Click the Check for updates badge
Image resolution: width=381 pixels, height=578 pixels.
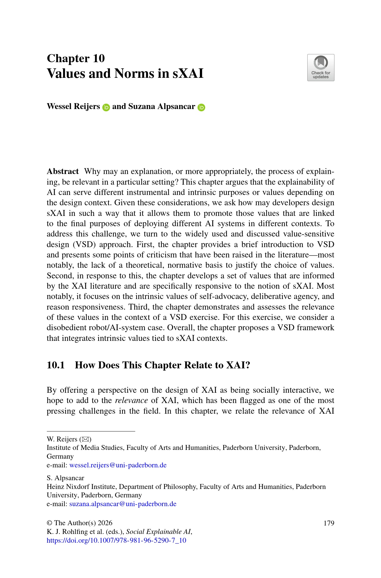tap(321, 67)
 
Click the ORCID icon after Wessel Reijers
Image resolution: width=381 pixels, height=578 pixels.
tap(106, 107)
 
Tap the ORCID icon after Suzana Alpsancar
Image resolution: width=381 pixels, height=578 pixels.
tap(201, 107)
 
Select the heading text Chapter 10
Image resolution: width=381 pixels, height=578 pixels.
tap(76, 58)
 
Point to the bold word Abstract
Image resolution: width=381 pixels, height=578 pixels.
tap(63, 172)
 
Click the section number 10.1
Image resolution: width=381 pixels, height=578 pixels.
tap(56, 365)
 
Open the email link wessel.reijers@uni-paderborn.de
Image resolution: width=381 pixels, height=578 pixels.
tap(118, 465)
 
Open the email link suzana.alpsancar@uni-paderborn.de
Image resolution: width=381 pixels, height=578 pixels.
tap(123, 504)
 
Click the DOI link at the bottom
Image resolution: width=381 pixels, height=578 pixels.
tap(116, 540)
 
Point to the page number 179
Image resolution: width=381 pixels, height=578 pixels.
tap(329, 523)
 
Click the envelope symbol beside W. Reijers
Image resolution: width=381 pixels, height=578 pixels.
tap(85, 439)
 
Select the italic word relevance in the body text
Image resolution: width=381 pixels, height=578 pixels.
tap(131, 401)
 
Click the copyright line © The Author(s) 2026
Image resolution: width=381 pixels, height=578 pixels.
tap(79, 523)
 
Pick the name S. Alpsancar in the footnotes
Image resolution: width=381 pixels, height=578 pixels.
tap(65, 478)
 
